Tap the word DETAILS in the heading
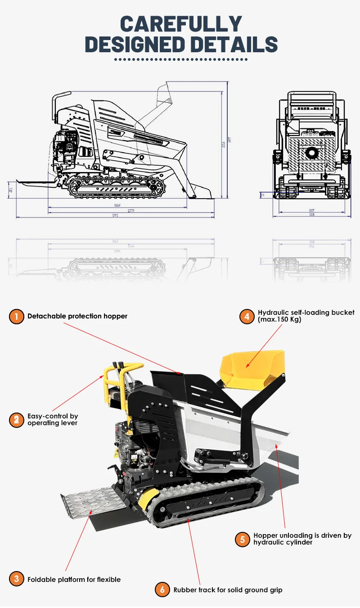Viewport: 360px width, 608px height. pyautogui.click(x=232, y=45)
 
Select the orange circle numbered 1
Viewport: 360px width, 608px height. pyautogui.click(x=16, y=317)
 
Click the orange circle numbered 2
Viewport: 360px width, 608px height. pyautogui.click(x=16, y=420)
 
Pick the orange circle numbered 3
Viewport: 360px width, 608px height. pyautogui.click(x=16, y=579)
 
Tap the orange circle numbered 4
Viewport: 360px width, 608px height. pyautogui.click(x=247, y=316)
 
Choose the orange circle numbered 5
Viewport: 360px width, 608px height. pyautogui.click(x=242, y=539)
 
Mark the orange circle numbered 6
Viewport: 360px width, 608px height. pyautogui.click(x=162, y=590)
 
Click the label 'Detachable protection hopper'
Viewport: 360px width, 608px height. pyautogui.click(x=77, y=316)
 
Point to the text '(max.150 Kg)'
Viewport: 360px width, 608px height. pyautogui.click(x=279, y=320)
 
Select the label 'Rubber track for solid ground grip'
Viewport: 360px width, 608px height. pyautogui.click(x=228, y=590)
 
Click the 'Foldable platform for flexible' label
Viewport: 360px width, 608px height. pyautogui.click(x=74, y=579)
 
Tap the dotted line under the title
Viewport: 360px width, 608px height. pyautogui.click(x=181, y=59)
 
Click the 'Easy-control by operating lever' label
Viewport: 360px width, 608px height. pyautogui.click(x=53, y=420)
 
